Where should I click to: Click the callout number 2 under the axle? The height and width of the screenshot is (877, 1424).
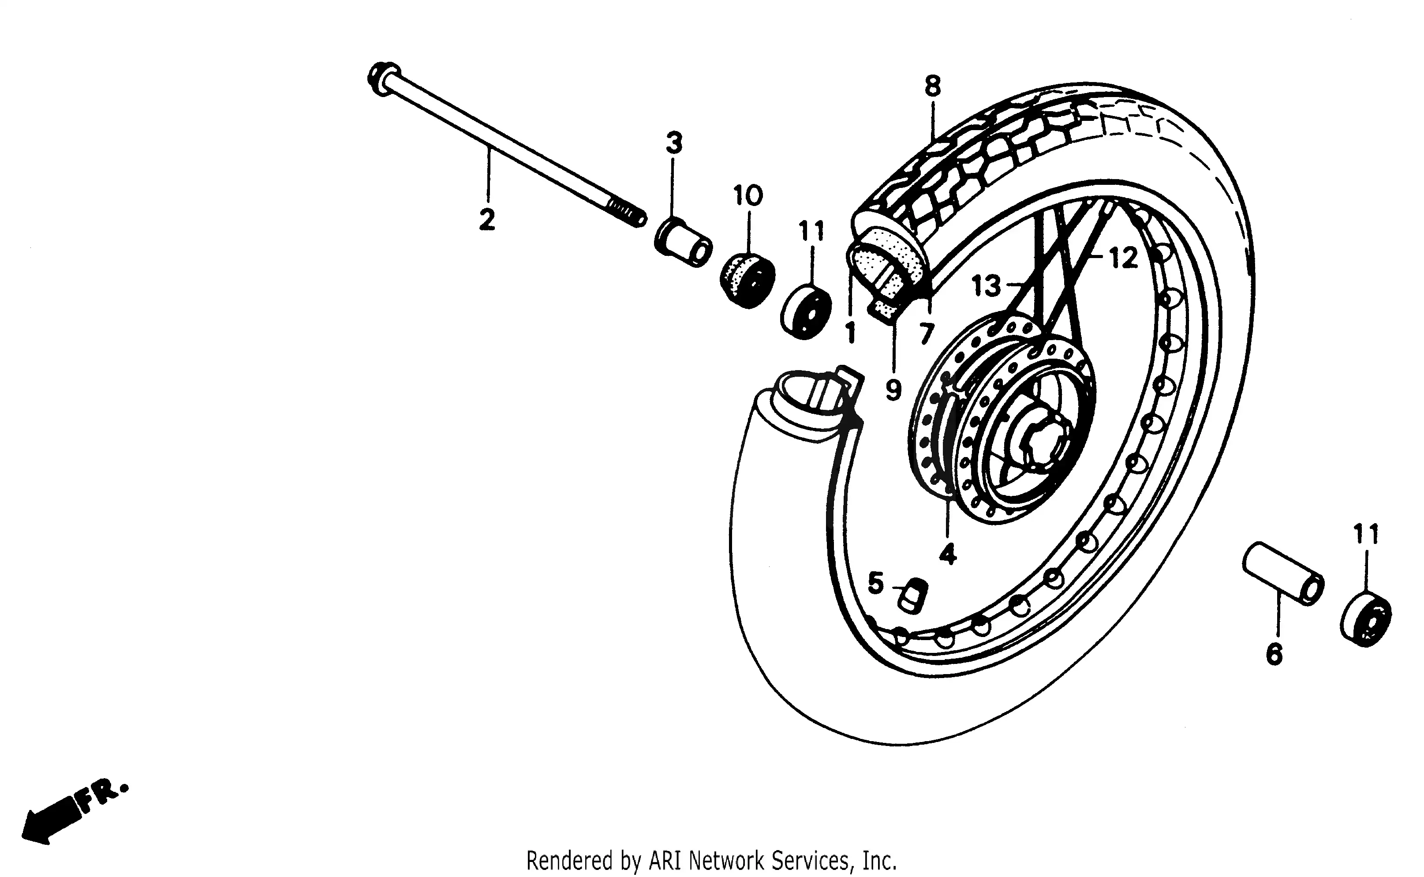click(487, 220)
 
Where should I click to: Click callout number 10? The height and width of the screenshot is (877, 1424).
click(748, 195)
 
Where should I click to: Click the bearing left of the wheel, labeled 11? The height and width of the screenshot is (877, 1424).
click(805, 311)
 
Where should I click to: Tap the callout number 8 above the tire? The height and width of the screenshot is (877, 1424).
click(932, 86)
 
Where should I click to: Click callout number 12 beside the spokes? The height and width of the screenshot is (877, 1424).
click(1123, 258)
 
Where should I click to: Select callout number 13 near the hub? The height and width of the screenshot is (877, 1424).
click(986, 286)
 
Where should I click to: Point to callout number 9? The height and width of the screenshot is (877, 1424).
click(893, 390)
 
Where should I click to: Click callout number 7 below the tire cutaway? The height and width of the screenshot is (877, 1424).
click(926, 334)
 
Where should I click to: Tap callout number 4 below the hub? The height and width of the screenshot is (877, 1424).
click(947, 555)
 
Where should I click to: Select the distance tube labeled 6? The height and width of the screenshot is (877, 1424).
click(1282, 573)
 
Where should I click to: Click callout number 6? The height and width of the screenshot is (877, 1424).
click(1274, 654)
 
